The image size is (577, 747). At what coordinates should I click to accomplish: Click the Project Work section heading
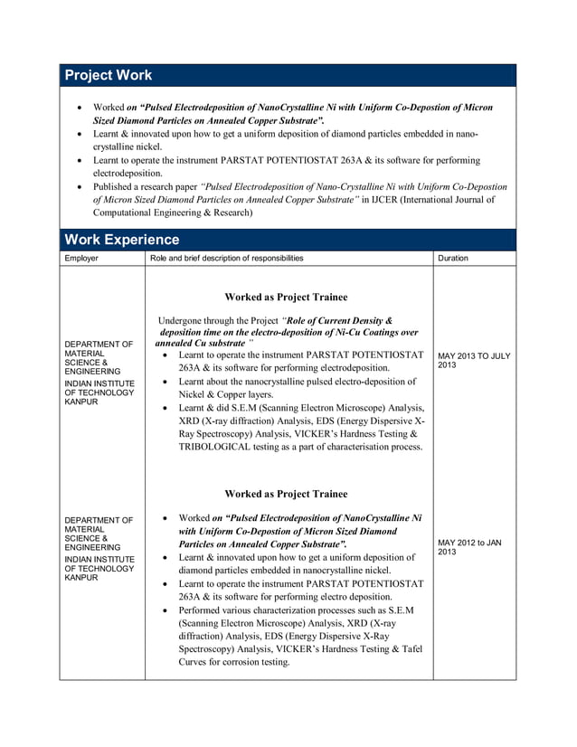(x=109, y=76)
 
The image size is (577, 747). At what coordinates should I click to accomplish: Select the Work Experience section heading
(x=122, y=240)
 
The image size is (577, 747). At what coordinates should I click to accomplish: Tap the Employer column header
(x=81, y=259)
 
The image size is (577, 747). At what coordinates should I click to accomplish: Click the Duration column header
(x=453, y=259)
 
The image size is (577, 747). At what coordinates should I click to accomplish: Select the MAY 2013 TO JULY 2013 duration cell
(x=473, y=361)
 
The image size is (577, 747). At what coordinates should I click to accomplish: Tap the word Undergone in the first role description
(x=184, y=321)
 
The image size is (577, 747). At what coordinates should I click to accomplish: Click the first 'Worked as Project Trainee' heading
(x=286, y=297)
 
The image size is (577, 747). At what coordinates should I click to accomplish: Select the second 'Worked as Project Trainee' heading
(x=286, y=494)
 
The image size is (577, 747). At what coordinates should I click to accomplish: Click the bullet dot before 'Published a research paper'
(x=80, y=187)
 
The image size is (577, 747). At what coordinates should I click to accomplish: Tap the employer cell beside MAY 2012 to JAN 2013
(x=100, y=548)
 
